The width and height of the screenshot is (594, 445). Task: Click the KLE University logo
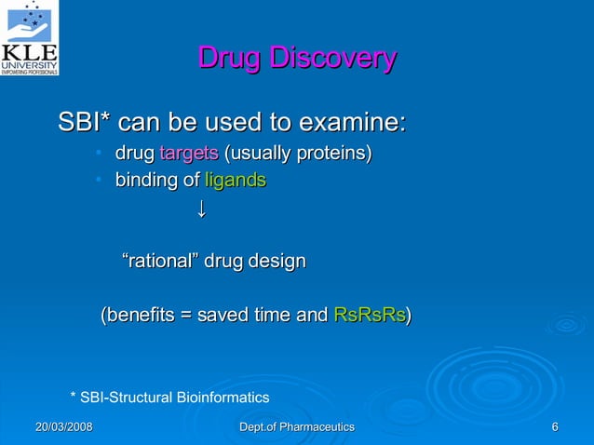[x=31, y=37]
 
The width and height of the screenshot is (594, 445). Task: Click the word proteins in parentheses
[x=335, y=153]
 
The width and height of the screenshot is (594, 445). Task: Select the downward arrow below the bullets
[x=199, y=209]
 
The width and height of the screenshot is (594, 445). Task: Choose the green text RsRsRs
[x=369, y=316]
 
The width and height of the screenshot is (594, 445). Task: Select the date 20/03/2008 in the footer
[x=63, y=426]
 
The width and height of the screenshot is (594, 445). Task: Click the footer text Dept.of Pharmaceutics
[x=297, y=426]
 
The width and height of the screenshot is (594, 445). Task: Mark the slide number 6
[x=555, y=426]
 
